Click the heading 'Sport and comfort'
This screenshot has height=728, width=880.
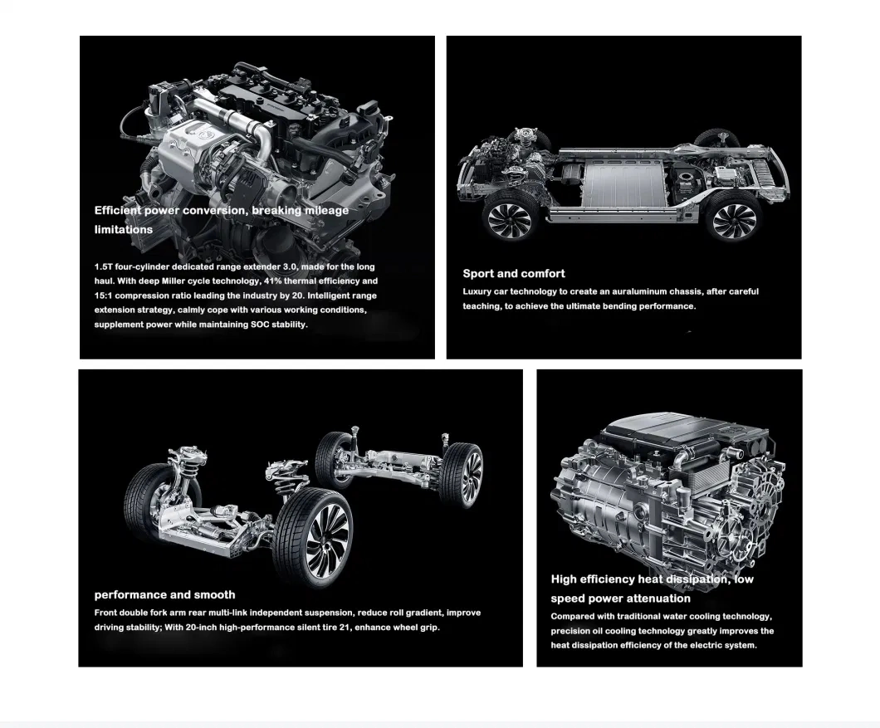pyautogui.click(x=514, y=273)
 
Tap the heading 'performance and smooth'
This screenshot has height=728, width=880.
pyautogui.click(x=164, y=594)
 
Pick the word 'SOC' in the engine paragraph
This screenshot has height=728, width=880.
pyautogui.click(x=261, y=325)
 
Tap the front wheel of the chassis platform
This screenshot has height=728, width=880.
pyautogui.click(x=508, y=219)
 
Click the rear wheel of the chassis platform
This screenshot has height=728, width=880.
pyautogui.click(x=733, y=217)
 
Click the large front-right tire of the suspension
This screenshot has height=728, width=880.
pyautogui.click(x=314, y=538)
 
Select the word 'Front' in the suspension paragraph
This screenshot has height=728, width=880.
pyautogui.click(x=107, y=613)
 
